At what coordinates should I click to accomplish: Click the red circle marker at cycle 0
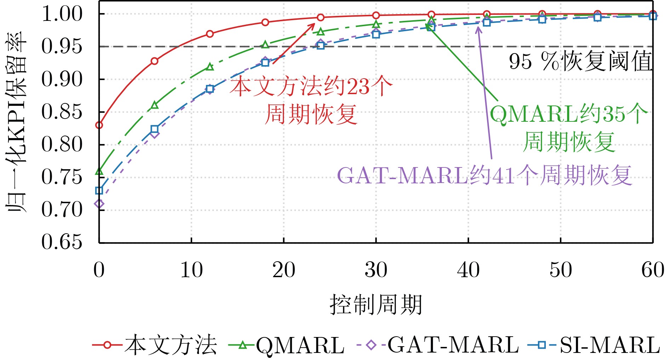click(x=99, y=125)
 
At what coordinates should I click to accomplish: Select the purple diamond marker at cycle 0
click(x=99, y=204)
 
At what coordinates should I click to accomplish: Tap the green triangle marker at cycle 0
click(x=99, y=171)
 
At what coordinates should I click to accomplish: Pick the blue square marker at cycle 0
click(x=99, y=190)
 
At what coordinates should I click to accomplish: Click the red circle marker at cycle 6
click(x=154, y=61)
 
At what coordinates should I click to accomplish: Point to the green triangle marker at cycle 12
click(x=210, y=67)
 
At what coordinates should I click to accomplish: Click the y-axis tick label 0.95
click(x=62, y=46)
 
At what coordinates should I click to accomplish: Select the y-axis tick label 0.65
click(x=62, y=243)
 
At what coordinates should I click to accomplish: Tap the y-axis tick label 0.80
click(x=62, y=145)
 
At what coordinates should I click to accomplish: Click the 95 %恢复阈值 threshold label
click(x=581, y=61)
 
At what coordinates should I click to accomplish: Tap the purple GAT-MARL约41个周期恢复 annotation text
click(x=485, y=175)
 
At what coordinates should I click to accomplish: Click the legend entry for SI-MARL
click(x=594, y=345)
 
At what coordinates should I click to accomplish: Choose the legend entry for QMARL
click(x=287, y=345)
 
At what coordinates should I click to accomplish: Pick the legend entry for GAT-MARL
click(x=438, y=345)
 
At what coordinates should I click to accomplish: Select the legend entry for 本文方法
click(x=155, y=345)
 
